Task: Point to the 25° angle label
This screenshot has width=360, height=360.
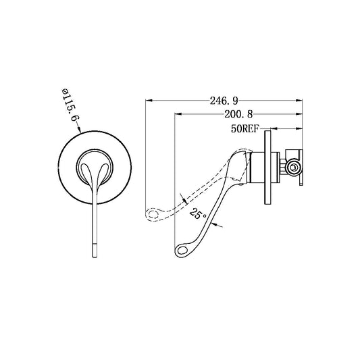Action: (x=197, y=214)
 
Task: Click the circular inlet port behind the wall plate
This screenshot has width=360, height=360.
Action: (x=292, y=165)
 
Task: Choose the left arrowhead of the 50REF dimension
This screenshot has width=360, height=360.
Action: (x=274, y=128)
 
